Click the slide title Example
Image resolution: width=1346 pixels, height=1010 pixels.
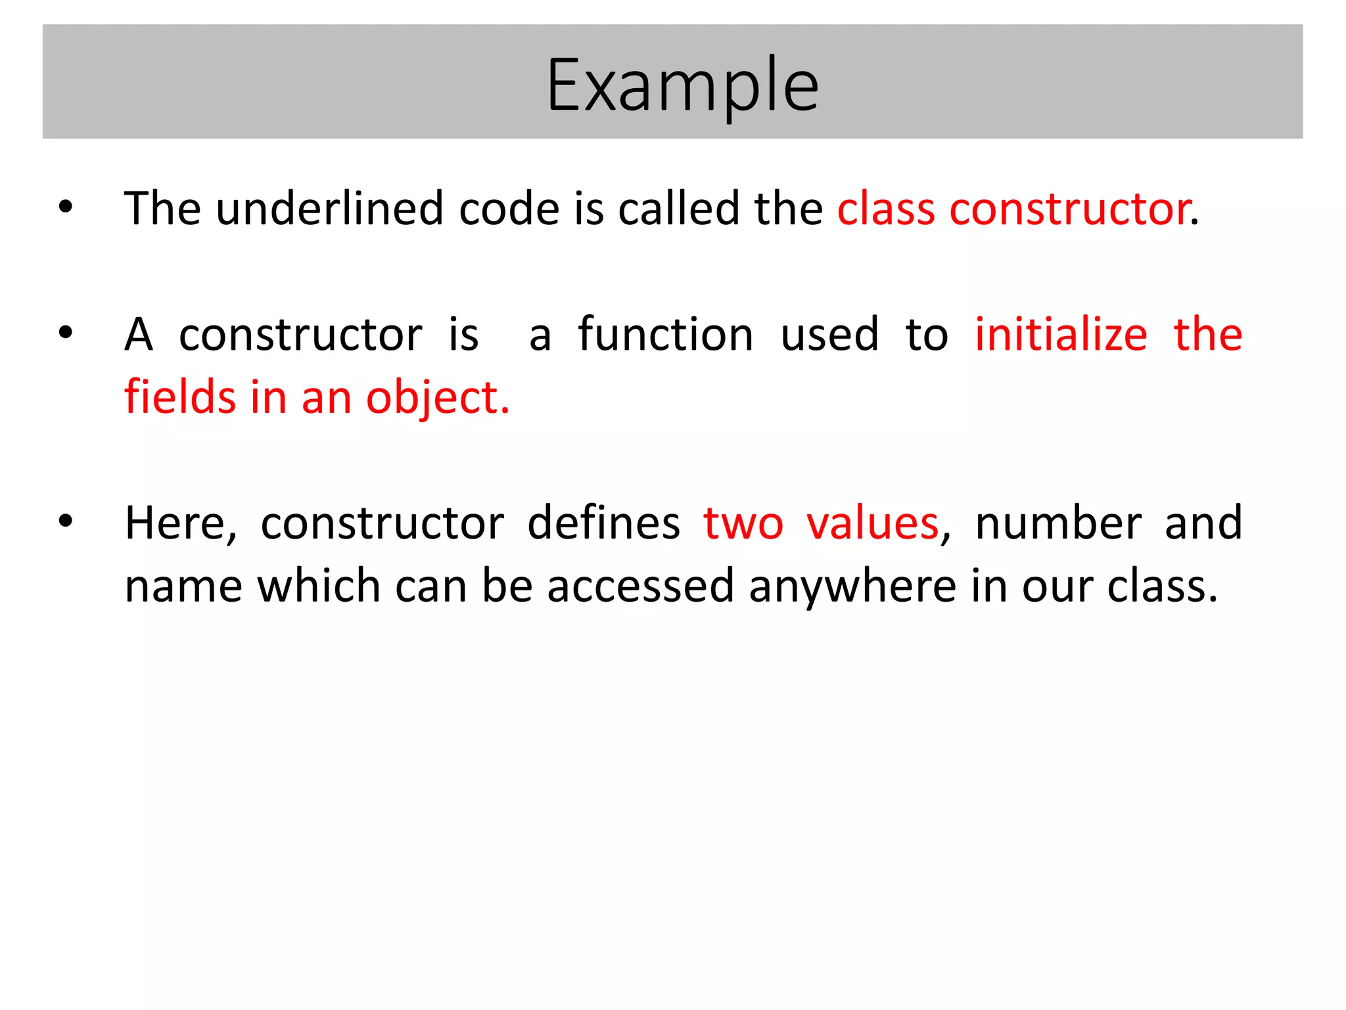682,85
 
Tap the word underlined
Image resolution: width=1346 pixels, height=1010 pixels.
329,208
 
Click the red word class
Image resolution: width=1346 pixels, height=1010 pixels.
885,208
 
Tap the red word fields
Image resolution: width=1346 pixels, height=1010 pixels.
180,397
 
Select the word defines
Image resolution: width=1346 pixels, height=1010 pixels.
603,523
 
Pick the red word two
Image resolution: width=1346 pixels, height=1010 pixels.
743,523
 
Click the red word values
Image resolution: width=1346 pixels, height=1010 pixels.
873,523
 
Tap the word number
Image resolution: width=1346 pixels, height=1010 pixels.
1058,523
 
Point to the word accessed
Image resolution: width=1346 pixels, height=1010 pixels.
640,586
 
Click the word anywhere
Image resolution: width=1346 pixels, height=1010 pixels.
852,587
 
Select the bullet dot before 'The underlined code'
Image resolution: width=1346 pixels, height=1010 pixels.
66,208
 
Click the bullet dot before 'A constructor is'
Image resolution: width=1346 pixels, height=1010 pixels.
66,333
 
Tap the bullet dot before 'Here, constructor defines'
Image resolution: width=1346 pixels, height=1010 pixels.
66,522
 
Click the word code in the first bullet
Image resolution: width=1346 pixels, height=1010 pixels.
508,208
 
